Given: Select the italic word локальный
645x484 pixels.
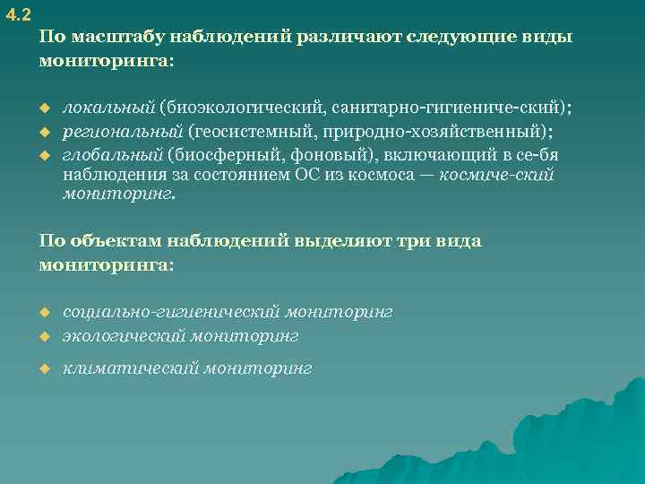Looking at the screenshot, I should pyautogui.click(x=107, y=108).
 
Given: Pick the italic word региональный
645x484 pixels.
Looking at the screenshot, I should pyautogui.click(x=122, y=132).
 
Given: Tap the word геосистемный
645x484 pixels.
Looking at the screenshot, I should pyautogui.click(x=260, y=132).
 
